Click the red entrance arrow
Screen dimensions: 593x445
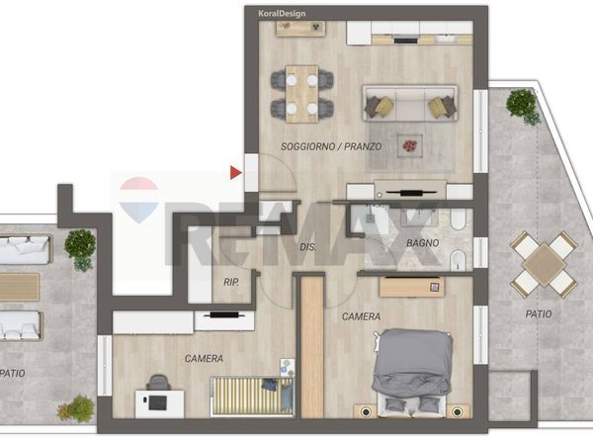235,172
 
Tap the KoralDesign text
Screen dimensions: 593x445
282,14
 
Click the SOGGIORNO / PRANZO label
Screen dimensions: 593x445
331,146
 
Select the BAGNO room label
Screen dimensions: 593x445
422,243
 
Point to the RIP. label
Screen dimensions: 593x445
231,282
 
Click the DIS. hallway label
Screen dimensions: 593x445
307,247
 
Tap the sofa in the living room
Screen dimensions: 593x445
410,103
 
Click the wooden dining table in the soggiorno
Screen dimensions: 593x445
301,94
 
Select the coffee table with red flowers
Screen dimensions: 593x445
410,145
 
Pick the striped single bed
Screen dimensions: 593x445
252,396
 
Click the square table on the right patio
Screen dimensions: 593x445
544,264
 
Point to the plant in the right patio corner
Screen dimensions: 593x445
524,106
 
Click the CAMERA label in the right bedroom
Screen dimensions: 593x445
361,316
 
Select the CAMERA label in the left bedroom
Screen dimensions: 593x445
204,358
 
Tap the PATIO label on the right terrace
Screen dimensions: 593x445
539,313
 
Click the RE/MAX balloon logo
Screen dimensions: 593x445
138,200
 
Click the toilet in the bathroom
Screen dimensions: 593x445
459,220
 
